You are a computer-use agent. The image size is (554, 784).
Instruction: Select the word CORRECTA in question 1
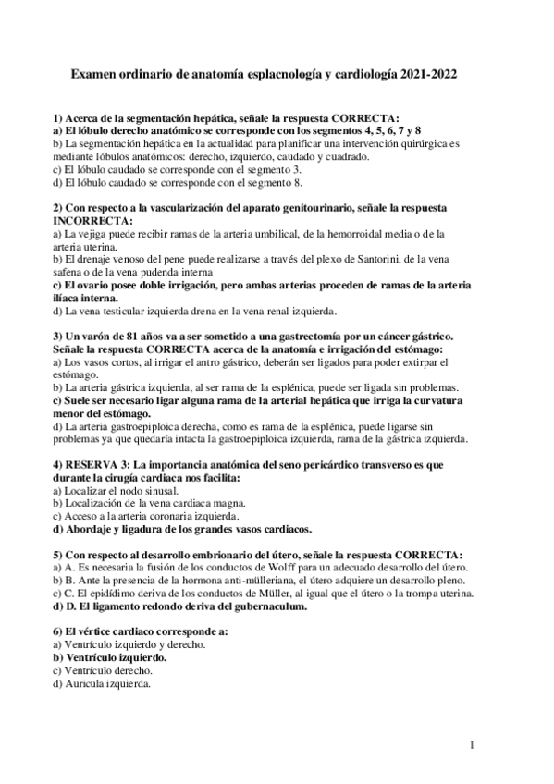point(362,119)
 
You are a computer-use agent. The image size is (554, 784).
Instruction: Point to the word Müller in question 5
point(250,594)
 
